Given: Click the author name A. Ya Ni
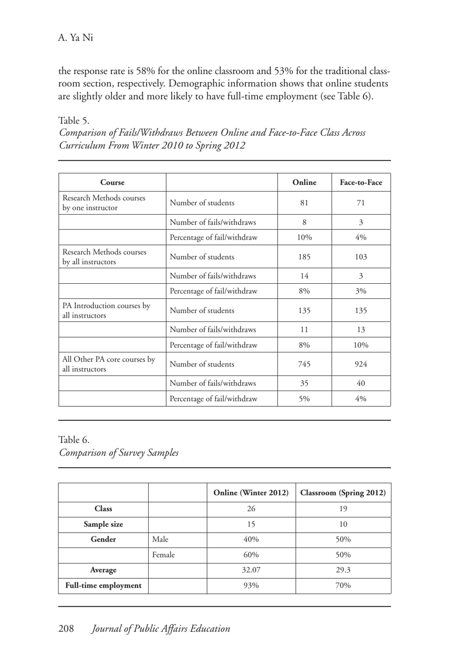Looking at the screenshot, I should pyautogui.click(x=76, y=38).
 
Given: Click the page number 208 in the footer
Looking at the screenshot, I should pyautogui.click(x=66, y=628).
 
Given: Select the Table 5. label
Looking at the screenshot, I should pyautogui.click(x=74, y=121).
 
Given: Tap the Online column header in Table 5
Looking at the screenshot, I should pyautogui.click(x=304, y=182).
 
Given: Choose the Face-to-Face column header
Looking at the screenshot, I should pyautogui.click(x=361, y=182).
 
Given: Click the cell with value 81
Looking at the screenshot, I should pyautogui.click(x=304, y=203).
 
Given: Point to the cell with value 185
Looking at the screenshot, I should pyautogui.click(x=304, y=257).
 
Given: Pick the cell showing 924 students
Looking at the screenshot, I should pyautogui.click(x=361, y=364).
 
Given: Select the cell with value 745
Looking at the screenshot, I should pyautogui.click(x=304, y=364).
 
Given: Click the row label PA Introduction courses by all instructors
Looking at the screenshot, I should pyautogui.click(x=106, y=310).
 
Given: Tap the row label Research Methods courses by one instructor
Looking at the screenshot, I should pyautogui.click(x=104, y=203).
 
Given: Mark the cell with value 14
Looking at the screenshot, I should pyautogui.click(x=304, y=276).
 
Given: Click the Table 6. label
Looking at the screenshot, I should pyautogui.click(x=74, y=440).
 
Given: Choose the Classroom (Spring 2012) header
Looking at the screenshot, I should pyautogui.click(x=343, y=493).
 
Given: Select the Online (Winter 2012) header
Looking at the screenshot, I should pyautogui.click(x=251, y=493).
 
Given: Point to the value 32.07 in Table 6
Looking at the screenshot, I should pyautogui.click(x=251, y=570).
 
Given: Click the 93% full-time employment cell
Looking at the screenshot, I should pyautogui.click(x=251, y=586).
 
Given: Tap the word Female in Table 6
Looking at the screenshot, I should pyautogui.click(x=163, y=555).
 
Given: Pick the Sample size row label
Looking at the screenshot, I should pyautogui.click(x=103, y=524).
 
